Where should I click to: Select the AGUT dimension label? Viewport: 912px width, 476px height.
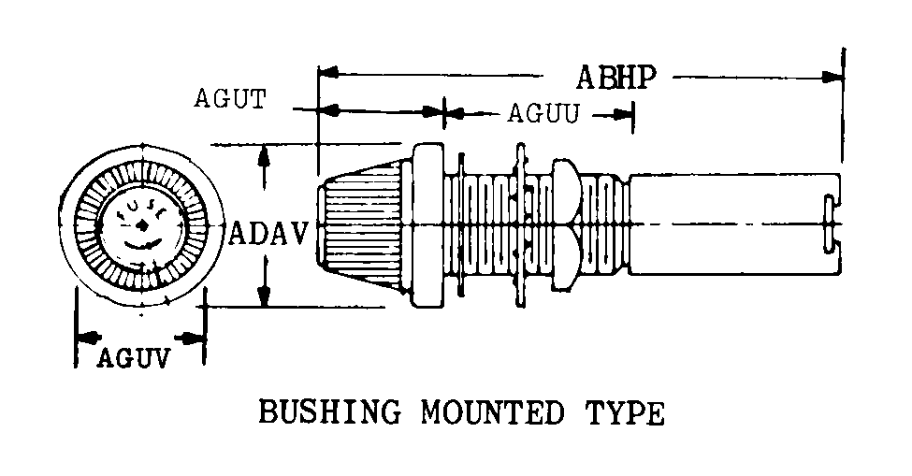(x=230, y=98)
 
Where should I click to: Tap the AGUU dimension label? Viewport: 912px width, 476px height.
(x=544, y=115)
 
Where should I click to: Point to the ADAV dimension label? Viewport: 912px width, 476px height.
(x=268, y=232)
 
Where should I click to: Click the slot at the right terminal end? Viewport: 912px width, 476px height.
(x=828, y=224)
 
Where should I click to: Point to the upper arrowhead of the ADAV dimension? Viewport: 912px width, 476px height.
(x=267, y=155)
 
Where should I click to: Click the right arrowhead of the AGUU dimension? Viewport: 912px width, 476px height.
(x=627, y=115)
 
